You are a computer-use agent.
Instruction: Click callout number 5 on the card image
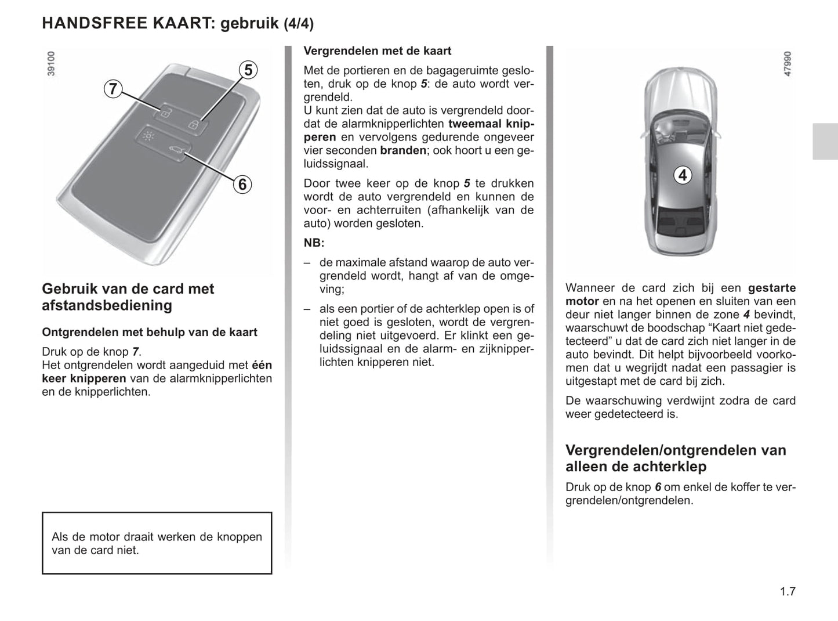click(x=248, y=70)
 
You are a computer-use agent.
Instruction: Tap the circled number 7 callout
click(x=113, y=89)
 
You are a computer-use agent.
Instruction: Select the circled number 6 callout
click(x=242, y=185)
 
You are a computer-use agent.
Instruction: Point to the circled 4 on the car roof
click(x=683, y=175)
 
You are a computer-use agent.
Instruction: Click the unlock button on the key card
click(x=165, y=113)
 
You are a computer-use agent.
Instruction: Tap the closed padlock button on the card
click(x=195, y=124)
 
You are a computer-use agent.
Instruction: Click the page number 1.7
click(x=788, y=591)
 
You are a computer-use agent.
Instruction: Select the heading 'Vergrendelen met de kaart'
click(x=378, y=51)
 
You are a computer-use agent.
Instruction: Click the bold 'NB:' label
click(x=314, y=243)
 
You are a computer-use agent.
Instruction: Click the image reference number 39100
click(x=52, y=63)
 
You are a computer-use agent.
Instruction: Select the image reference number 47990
click(x=787, y=64)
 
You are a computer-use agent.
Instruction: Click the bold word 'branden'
click(x=403, y=150)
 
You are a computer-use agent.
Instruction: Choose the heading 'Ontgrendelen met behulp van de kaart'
click(x=150, y=332)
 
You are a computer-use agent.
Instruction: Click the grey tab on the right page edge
click(x=825, y=141)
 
